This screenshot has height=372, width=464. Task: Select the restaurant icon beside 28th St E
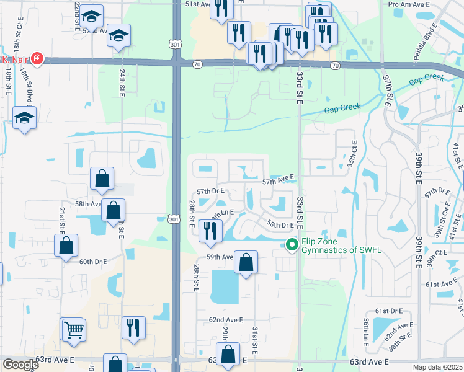210,231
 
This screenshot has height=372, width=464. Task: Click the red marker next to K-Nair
38,60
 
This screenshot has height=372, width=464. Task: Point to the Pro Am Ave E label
410,4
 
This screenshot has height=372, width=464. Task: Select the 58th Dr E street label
280,224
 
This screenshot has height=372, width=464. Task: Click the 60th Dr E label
94,262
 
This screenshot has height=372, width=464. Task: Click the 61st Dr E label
390,310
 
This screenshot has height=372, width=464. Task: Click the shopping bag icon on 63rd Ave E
228,355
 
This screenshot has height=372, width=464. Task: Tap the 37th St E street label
388,90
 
